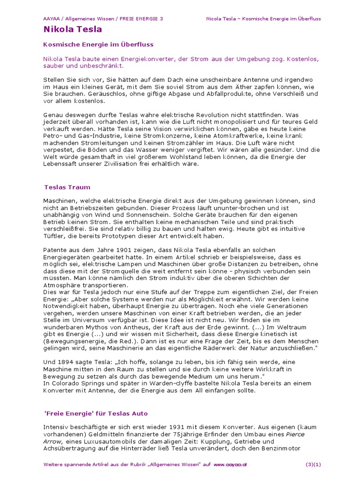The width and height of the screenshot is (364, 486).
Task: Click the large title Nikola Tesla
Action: tap(73, 29)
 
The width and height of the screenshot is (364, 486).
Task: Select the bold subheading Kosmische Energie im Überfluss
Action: tap(98, 44)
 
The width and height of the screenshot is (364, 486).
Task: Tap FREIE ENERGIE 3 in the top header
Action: tap(141, 19)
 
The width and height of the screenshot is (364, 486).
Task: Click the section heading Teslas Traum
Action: tap(67, 187)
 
